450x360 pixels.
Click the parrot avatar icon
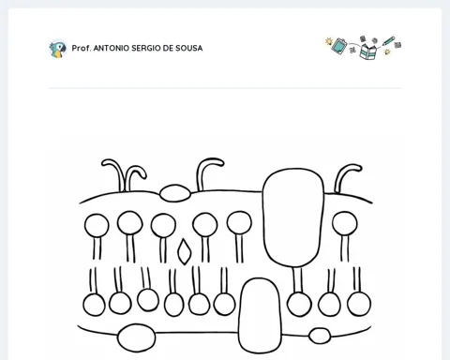[x=58, y=49]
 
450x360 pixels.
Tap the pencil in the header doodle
[x=388, y=41]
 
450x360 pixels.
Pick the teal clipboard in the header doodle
[x=339, y=46]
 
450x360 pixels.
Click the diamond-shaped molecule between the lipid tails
[x=184, y=252]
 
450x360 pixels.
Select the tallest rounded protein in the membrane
[x=293, y=217]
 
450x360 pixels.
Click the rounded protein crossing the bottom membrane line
[x=260, y=316]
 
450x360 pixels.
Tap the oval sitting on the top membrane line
[x=175, y=193]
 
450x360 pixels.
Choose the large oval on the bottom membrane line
[x=136, y=337]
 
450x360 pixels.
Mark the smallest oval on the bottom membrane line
[x=320, y=336]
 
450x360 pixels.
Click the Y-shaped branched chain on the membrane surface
[x=125, y=175]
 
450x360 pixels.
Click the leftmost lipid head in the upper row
[x=97, y=226]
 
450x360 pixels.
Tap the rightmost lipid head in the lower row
[x=359, y=304]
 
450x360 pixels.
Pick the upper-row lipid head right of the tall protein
[x=344, y=223]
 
